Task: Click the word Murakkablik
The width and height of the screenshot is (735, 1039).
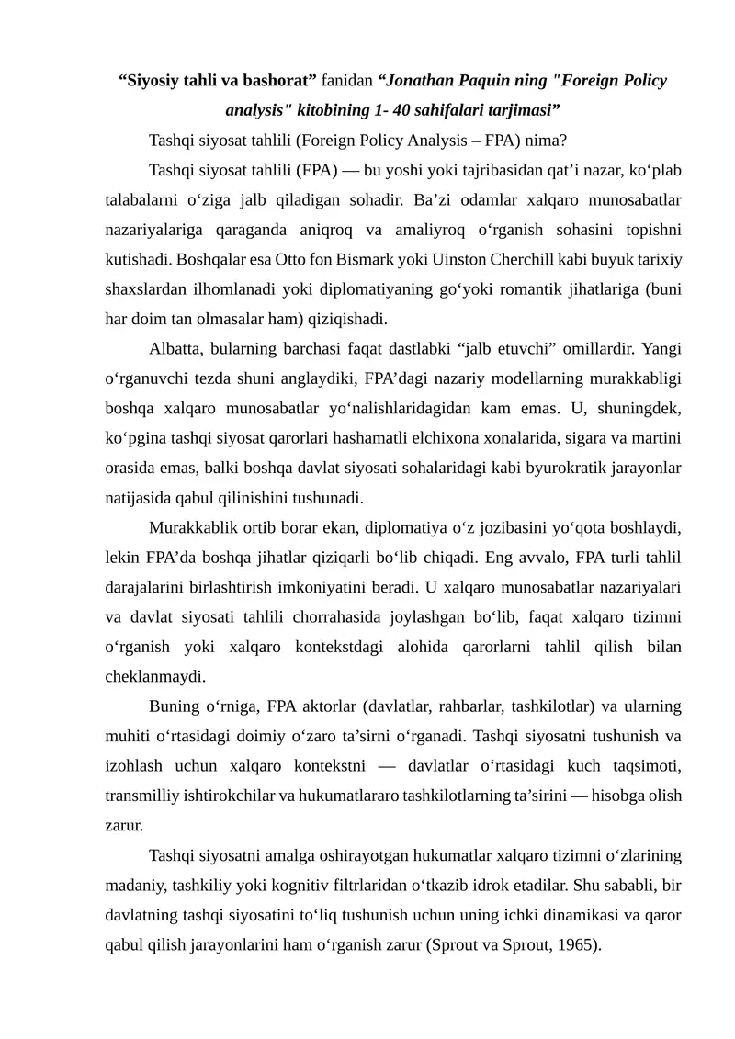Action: (192, 528)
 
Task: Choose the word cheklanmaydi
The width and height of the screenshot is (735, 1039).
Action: (153, 677)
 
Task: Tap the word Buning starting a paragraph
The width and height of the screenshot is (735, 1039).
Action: (173, 706)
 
